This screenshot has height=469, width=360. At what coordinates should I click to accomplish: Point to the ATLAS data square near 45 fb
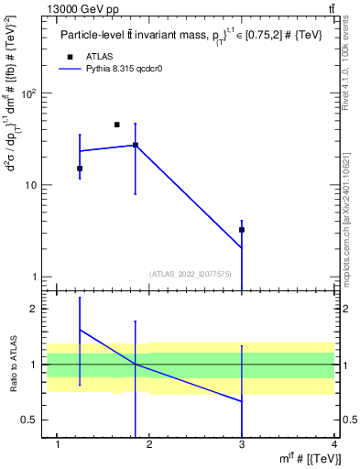pos(116,125)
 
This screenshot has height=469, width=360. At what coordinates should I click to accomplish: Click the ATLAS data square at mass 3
pos(242,230)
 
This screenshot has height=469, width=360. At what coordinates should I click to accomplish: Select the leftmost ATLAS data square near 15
pos(80,169)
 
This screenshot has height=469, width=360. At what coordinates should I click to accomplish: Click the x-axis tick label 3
pos(242,445)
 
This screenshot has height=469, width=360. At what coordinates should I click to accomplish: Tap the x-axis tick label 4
pos(334,445)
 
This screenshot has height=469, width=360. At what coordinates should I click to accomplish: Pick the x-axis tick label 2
pos(150,445)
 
